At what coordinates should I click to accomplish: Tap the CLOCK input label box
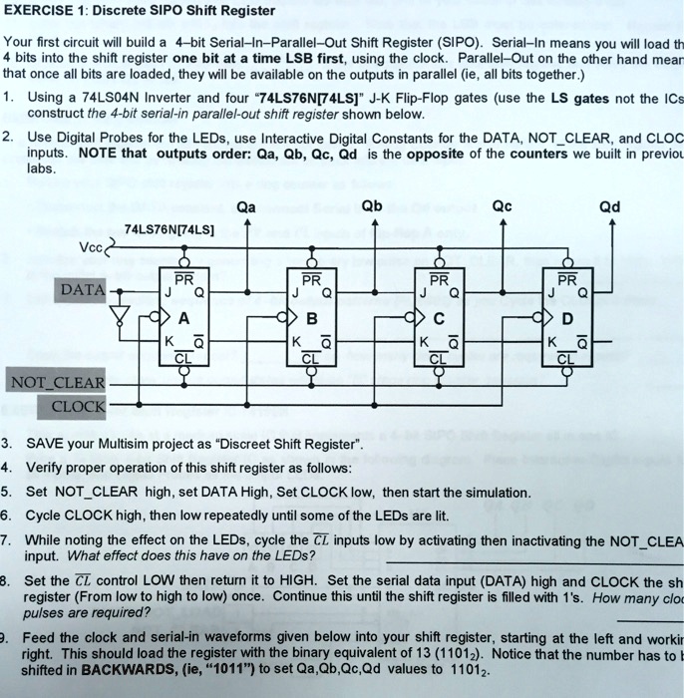[x=77, y=406]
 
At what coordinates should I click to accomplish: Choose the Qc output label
[x=502, y=207]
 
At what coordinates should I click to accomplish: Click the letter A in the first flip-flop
[x=183, y=319]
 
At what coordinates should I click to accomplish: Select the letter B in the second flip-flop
[x=311, y=319]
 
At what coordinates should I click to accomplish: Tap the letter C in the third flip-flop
[x=439, y=319]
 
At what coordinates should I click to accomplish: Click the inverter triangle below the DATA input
[x=121, y=316]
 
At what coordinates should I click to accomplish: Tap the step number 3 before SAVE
[x=6, y=443]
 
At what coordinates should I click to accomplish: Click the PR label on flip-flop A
[x=184, y=279]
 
